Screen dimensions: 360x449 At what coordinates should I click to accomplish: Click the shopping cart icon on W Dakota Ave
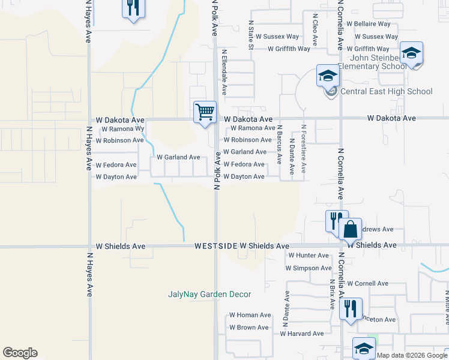click(x=205, y=112)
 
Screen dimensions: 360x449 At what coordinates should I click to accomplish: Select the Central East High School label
click(x=386, y=92)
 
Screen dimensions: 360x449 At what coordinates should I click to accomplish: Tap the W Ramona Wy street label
click(x=123, y=129)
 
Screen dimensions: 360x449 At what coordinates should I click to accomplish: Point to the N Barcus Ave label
click(x=280, y=145)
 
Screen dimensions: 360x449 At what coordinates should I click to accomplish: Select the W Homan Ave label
click(x=250, y=315)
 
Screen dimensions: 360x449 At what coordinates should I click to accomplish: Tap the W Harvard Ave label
click(x=302, y=334)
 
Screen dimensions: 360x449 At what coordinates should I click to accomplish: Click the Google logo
click(x=20, y=353)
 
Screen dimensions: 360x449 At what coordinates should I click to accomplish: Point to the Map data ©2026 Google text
click(x=412, y=355)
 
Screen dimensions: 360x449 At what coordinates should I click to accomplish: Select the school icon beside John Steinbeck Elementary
click(x=411, y=53)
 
